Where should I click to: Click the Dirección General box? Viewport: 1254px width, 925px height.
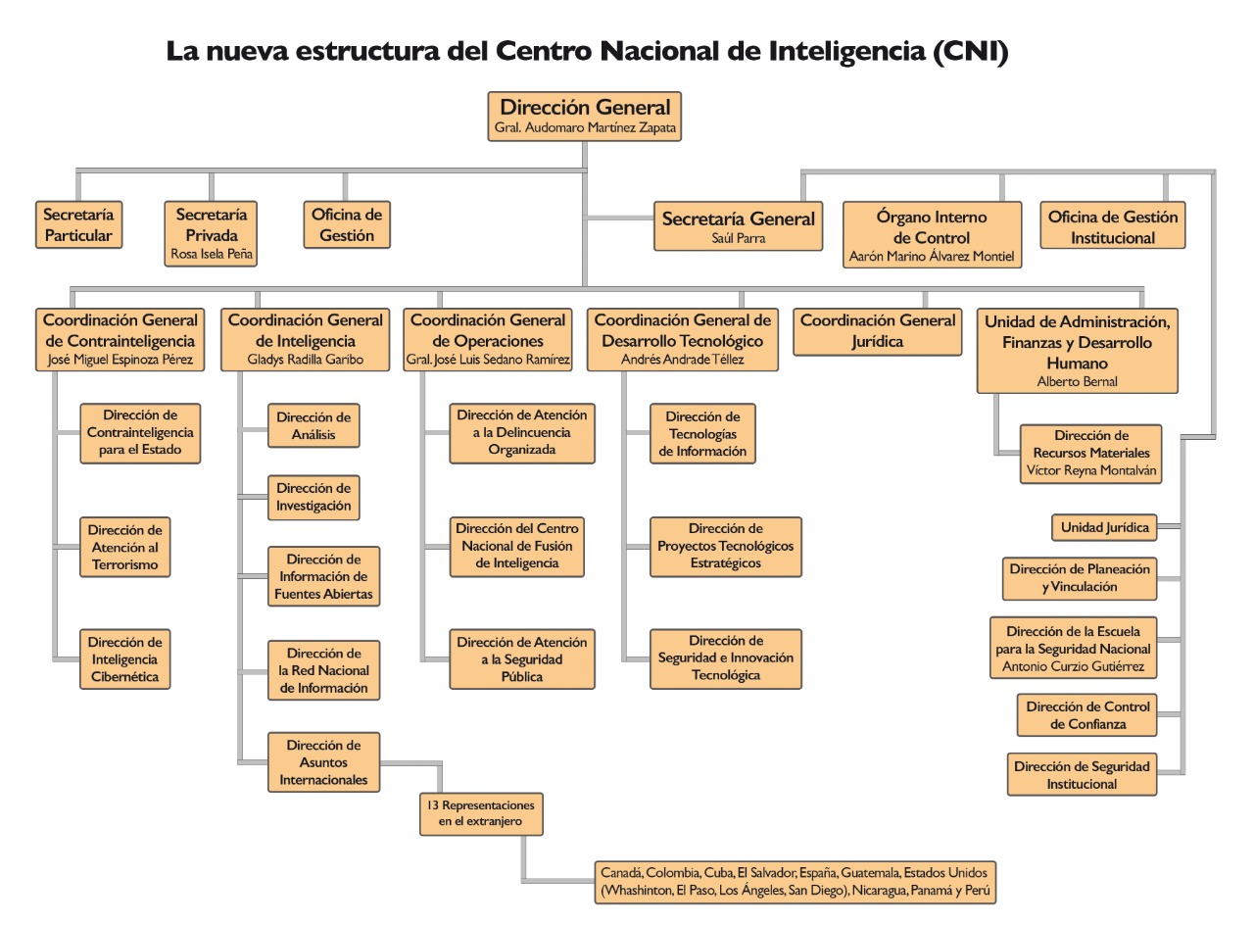click(x=585, y=116)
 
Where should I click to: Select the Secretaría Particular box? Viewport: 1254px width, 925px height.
click(x=78, y=224)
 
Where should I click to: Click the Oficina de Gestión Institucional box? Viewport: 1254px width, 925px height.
click(x=1113, y=226)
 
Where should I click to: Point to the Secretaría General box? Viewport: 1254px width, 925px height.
click(x=738, y=226)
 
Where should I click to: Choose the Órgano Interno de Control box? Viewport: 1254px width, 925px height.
click(x=932, y=234)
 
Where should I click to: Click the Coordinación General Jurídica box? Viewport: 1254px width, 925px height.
click(x=877, y=331)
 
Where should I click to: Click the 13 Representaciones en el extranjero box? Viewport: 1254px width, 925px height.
click(x=481, y=813)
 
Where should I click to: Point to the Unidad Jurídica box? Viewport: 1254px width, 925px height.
click(x=1103, y=527)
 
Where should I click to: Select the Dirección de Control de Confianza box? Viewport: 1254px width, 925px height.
click(x=1087, y=715)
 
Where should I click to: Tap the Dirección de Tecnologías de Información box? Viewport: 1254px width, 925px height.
click(x=702, y=434)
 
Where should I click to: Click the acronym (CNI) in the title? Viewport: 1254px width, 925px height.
click(x=970, y=51)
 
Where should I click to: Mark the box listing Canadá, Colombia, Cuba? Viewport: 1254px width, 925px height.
click(x=796, y=882)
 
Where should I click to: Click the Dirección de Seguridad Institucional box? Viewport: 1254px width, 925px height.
click(x=1082, y=774)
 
